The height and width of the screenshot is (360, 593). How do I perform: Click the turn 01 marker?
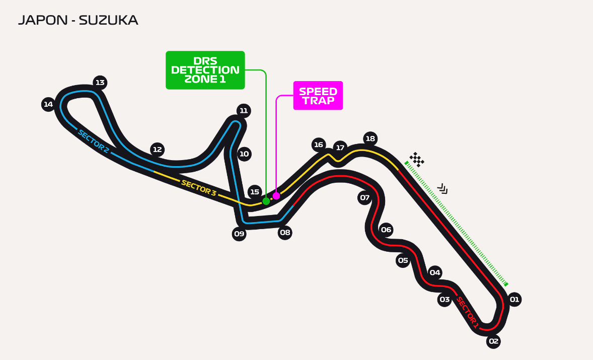514,300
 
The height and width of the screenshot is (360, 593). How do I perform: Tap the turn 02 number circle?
493,341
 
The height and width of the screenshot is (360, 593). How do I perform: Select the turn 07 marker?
364,197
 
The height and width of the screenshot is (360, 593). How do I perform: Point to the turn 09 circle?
239,234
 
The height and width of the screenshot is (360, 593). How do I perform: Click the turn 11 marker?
244,111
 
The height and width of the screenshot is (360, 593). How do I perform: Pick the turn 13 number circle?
100,83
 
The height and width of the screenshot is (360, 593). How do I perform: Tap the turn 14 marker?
48,105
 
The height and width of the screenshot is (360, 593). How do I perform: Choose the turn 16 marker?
318,145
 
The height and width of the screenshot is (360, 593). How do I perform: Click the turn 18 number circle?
370,138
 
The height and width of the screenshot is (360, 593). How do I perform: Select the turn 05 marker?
403,260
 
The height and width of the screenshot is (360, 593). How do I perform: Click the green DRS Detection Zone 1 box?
205,70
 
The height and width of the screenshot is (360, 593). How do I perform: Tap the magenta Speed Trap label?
318,96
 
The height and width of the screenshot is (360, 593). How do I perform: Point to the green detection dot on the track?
266,201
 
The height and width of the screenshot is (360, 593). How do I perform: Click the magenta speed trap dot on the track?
276,196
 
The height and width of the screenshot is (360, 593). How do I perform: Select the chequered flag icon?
416,160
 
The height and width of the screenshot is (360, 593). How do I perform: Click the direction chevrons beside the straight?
442,189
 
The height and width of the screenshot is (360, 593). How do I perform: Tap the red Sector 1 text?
467,313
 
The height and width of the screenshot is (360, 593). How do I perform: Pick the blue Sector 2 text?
93,141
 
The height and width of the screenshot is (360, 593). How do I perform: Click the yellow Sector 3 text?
198,188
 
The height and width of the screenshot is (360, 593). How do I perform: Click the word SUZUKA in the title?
108,21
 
